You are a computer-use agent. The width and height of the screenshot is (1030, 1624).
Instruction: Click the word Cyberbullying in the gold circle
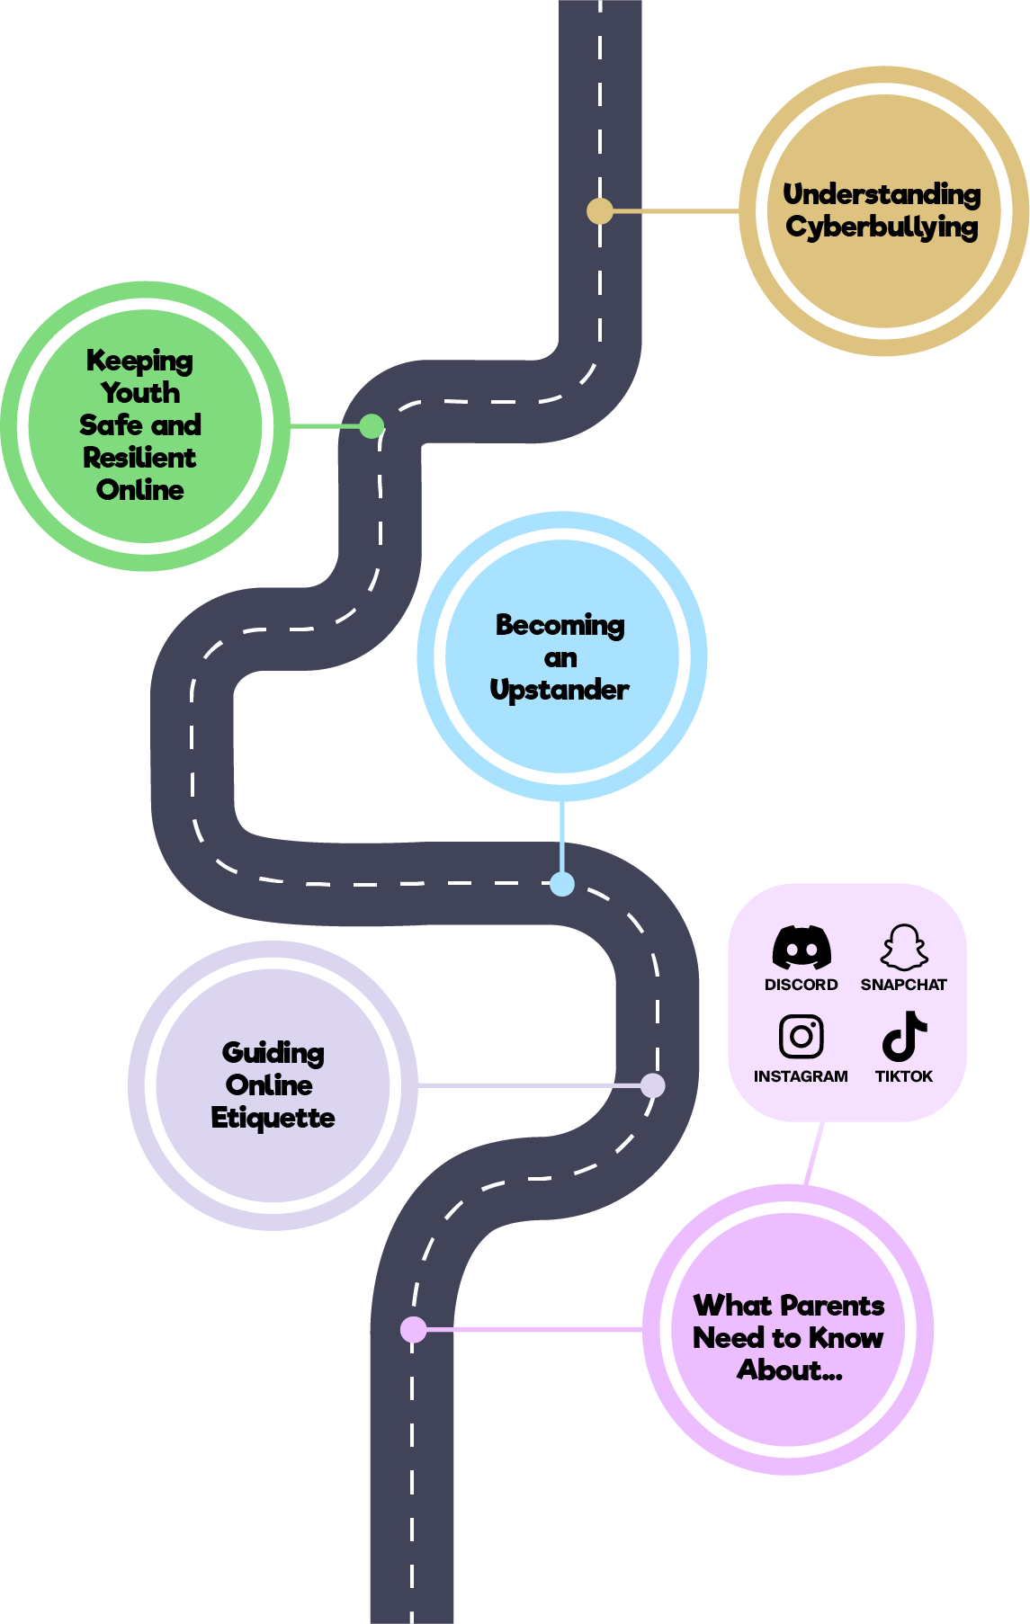[x=882, y=228]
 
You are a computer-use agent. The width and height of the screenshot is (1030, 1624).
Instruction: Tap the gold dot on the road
[x=600, y=211]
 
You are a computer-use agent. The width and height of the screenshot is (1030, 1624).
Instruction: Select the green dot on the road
[x=372, y=426]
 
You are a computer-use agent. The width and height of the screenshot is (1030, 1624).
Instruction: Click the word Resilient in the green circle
[x=139, y=458]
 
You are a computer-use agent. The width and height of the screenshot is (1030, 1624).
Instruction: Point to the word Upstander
[x=560, y=691]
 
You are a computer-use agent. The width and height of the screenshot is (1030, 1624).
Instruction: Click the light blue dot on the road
[x=562, y=884]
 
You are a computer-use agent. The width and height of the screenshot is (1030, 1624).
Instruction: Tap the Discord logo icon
[x=802, y=947]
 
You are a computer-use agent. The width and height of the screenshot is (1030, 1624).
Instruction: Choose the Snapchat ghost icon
[x=904, y=947]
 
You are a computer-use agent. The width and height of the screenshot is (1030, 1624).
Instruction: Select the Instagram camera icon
[x=802, y=1037]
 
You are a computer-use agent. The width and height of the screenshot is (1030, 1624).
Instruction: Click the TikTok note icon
[x=904, y=1036]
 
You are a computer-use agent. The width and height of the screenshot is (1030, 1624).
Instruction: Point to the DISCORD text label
[x=802, y=985]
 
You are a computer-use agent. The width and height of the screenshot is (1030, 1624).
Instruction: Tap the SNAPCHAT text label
[x=904, y=985]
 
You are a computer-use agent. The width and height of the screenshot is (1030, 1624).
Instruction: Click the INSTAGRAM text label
[x=801, y=1076]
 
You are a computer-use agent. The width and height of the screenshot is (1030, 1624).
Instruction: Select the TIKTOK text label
[x=904, y=1076]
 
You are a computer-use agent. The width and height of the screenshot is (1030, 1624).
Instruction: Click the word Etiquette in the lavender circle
[x=273, y=1118]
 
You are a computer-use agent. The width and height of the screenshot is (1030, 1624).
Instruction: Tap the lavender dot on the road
[x=653, y=1085]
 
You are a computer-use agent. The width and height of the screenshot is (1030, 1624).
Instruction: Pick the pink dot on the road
[x=414, y=1329]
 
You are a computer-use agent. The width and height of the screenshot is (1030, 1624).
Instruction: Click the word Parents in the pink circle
[x=833, y=1306]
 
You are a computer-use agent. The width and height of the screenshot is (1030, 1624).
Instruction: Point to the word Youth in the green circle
[x=140, y=393]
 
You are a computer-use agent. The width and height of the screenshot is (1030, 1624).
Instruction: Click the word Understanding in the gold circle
[x=882, y=194]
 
